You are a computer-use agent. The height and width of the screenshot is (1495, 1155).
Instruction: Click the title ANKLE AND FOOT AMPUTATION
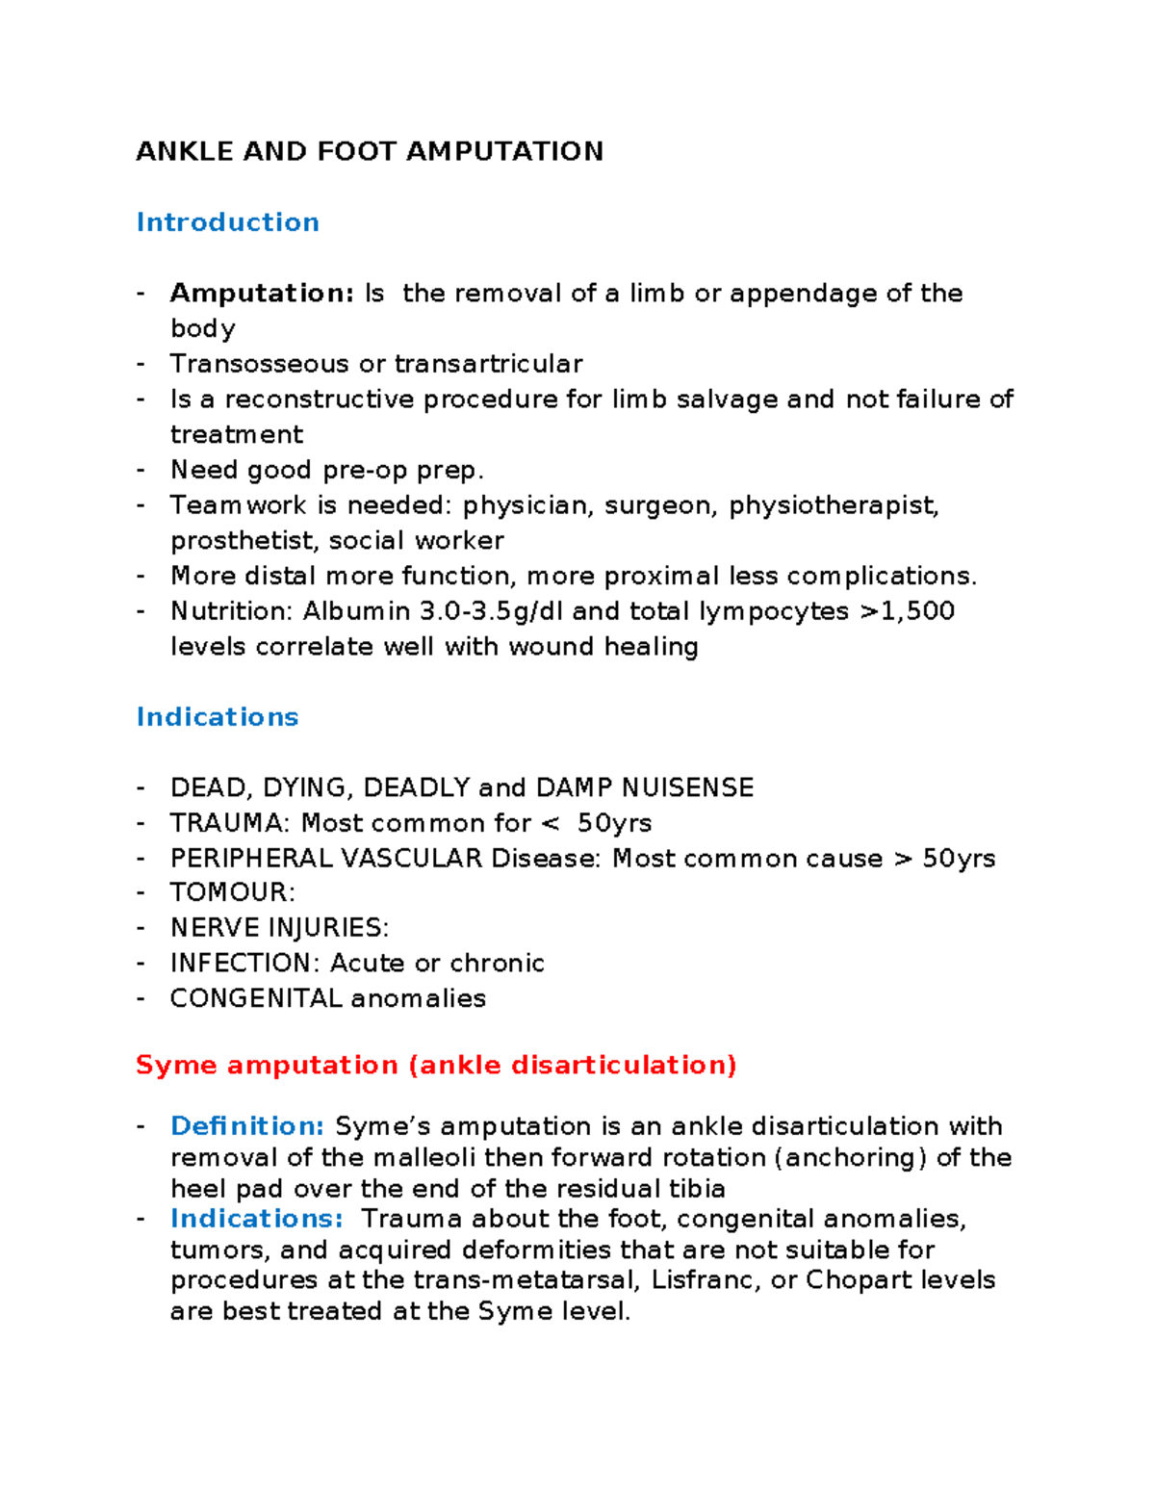coord(370,151)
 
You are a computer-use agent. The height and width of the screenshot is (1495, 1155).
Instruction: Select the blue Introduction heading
coord(227,222)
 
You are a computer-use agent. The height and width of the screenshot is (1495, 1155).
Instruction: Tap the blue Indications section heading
coord(218,717)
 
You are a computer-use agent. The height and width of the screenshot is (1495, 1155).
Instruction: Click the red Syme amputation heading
coord(436,1066)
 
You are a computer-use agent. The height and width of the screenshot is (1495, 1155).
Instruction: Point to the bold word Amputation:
coord(262,293)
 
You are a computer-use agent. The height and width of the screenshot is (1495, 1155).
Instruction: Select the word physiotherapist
coord(833,505)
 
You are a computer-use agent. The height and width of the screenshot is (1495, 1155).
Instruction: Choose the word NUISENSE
coord(687,787)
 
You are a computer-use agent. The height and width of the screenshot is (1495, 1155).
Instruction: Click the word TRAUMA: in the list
coord(230,823)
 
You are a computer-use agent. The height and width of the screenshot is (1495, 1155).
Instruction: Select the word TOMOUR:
coord(232,892)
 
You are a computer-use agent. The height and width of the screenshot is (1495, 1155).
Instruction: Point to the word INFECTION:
coord(244,963)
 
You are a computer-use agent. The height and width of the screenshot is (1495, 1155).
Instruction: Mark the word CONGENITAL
coord(256,998)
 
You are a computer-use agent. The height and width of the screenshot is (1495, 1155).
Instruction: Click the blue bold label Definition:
coord(247,1126)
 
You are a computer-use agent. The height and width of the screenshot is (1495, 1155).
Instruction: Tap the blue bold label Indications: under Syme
coord(256,1219)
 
